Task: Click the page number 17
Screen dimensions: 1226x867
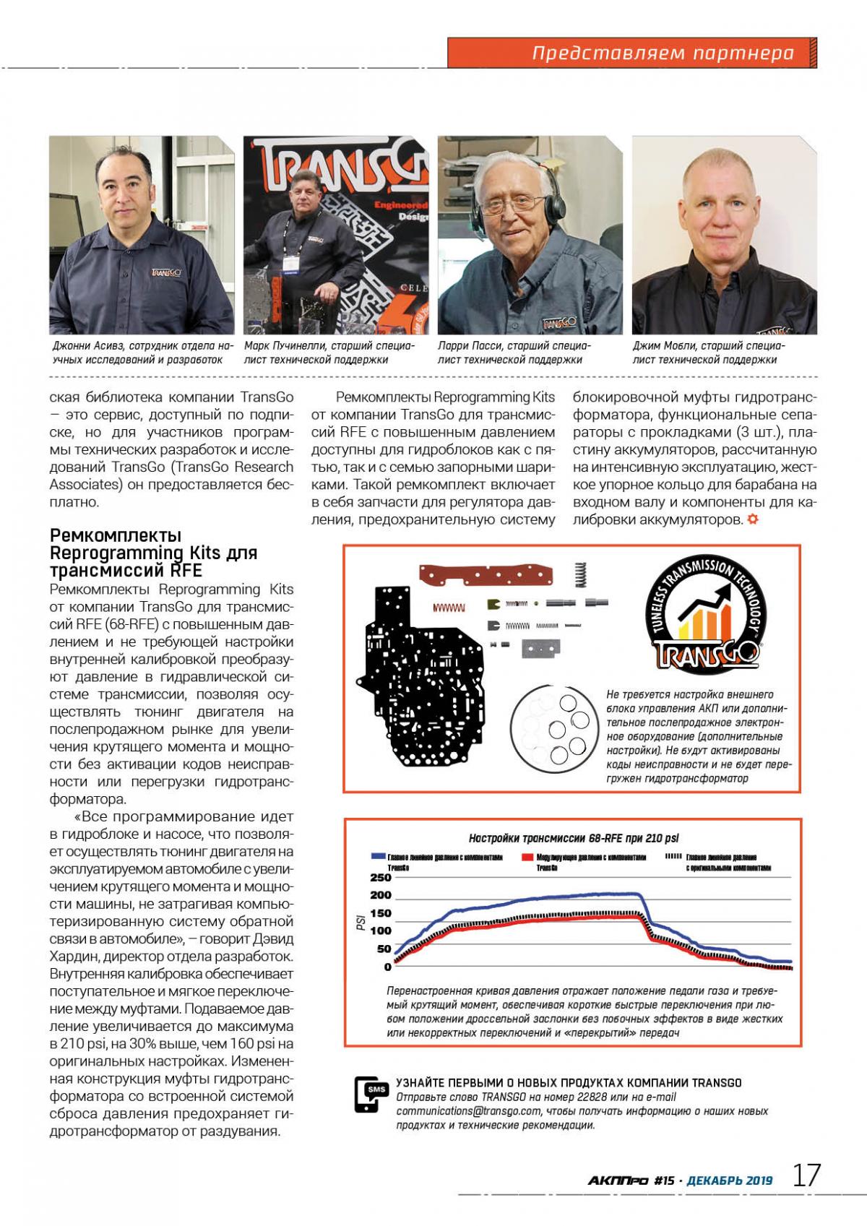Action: pos(807,1175)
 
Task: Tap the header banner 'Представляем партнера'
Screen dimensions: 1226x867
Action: pos(663,53)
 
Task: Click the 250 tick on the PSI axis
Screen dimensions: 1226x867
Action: pos(380,878)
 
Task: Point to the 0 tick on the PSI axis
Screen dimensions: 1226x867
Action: pos(387,967)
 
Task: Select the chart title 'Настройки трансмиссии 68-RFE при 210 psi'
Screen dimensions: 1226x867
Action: pos(574,838)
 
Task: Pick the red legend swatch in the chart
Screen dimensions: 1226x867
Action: pos(526,856)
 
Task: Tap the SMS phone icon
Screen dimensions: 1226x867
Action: pos(371,1095)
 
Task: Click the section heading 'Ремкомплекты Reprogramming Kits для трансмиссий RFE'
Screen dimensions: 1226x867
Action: pos(153,553)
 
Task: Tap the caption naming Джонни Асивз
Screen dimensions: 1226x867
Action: pos(142,353)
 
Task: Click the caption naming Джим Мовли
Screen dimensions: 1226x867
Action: pos(708,353)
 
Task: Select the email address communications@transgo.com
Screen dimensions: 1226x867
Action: pos(468,1111)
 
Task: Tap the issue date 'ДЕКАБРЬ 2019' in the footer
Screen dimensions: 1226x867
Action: pos(729,1180)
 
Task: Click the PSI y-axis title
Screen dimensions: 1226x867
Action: pos(360,923)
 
